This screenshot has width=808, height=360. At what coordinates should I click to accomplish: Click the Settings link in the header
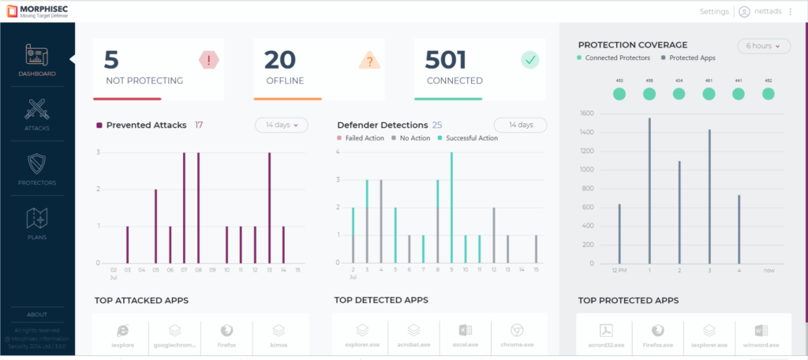pos(714,12)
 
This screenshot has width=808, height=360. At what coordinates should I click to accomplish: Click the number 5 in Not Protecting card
pos(112,60)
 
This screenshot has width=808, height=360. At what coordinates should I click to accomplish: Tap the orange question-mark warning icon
pos(369,60)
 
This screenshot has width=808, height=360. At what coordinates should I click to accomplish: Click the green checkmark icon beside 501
pos(529,60)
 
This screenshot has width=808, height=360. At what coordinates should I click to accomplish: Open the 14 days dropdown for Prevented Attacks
pos(281,125)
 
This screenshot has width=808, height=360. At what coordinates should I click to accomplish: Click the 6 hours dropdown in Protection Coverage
pos(764,46)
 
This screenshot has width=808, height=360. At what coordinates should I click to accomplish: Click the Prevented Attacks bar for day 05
pos(155,227)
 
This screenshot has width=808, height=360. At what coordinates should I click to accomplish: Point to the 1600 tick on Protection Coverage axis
pos(588,113)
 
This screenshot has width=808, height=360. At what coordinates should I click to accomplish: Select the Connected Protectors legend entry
pos(618,58)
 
